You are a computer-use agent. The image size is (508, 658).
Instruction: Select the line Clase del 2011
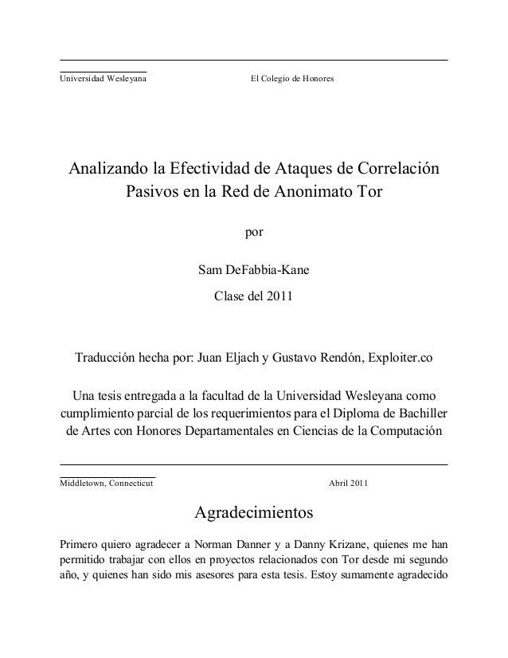253,297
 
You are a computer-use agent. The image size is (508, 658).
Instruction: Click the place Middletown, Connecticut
101,484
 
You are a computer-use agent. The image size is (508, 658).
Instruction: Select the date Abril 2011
348,484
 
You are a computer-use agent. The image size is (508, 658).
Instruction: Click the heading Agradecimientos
253,511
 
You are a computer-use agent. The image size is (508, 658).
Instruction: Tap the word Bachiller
420,414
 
